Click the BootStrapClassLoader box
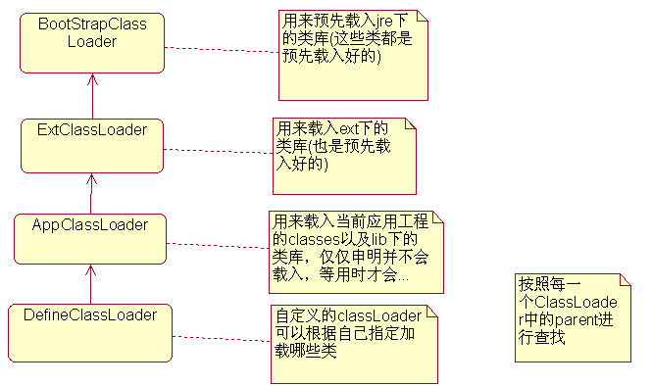coord(92,42)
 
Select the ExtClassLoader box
coord(92,145)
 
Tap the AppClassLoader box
coord(90,239)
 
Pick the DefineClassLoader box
coord(89,331)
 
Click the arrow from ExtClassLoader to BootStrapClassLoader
coord(92,95)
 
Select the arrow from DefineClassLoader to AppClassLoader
coord(90,286)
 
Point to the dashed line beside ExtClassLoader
coord(218,150)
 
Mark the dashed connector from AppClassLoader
coord(217,244)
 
